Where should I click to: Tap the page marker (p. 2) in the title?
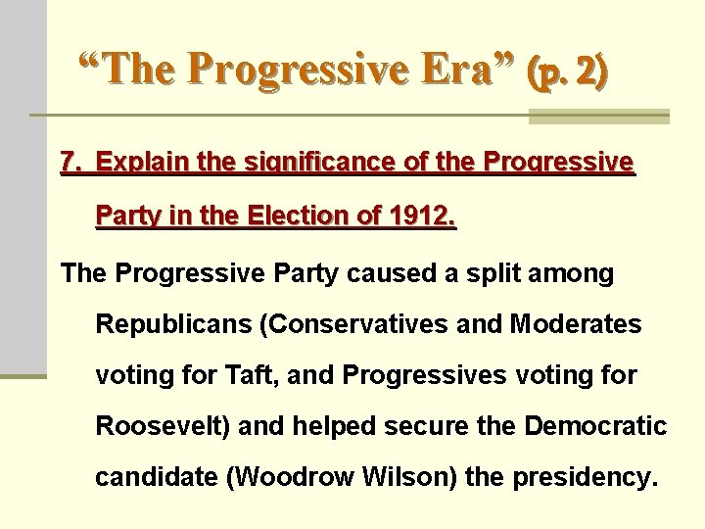567,71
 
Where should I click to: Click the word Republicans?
172,324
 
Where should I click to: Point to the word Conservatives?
353,324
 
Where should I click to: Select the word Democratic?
595,426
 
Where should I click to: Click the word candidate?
156,478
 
